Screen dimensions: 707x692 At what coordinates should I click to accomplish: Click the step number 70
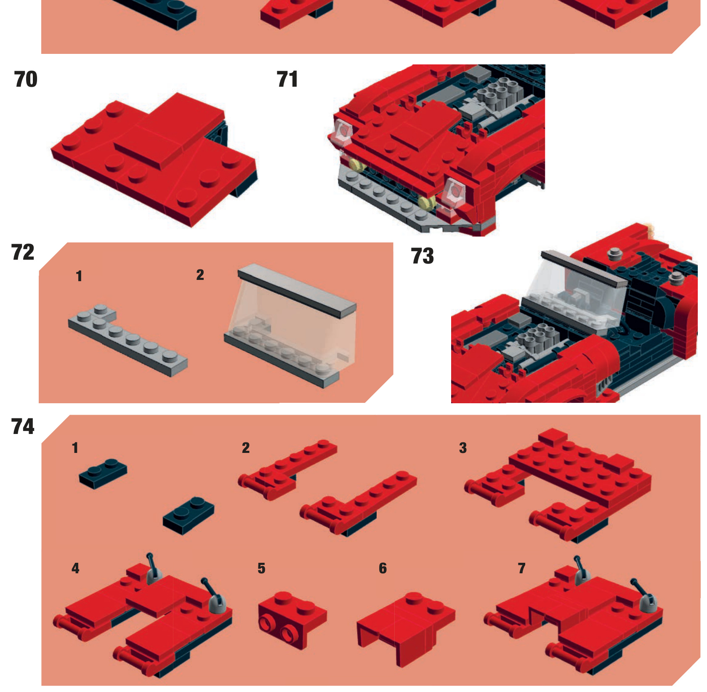(x=26, y=79)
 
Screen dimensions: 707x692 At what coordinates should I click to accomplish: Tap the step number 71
(x=287, y=79)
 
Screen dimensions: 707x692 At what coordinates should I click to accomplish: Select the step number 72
(x=23, y=252)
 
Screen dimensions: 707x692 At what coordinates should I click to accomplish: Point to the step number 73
(x=422, y=256)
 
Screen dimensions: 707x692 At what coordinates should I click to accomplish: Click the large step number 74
(x=23, y=426)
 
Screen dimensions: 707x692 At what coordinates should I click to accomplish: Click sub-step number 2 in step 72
(x=200, y=275)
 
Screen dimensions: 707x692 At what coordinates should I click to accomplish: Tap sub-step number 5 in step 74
(x=261, y=568)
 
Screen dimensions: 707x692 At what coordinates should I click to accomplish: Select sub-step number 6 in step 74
(x=383, y=568)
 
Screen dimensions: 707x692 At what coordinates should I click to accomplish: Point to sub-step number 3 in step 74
(x=463, y=448)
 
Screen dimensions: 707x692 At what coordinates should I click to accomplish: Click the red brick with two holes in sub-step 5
(x=292, y=620)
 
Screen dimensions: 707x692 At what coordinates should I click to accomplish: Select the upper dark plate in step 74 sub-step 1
(x=103, y=474)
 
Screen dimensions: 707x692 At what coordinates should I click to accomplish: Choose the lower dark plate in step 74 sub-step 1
(x=188, y=516)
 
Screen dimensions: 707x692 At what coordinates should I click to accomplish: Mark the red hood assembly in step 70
(x=154, y=158)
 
